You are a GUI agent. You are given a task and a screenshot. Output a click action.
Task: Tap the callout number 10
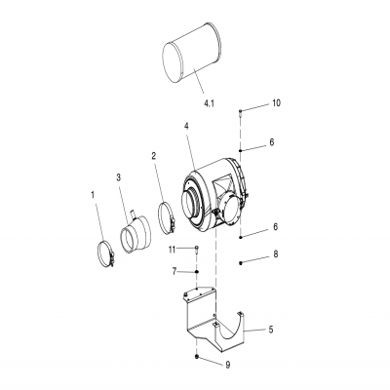pyautogui.click(x=276, y=102)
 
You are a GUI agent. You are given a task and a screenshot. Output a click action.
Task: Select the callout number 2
pyautogui.click(x=153, y=155)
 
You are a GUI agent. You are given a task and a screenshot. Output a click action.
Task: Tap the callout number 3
pyautogui.click(x=118, y=178)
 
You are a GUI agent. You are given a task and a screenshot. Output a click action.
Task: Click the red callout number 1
pyautogui.click(x=94, y=196)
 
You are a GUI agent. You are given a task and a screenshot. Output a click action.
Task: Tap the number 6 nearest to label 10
pyautogui.click(x=272, y=142)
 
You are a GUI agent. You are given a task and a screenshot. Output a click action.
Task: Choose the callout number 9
pyautogui.click(x=228, y=365)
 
